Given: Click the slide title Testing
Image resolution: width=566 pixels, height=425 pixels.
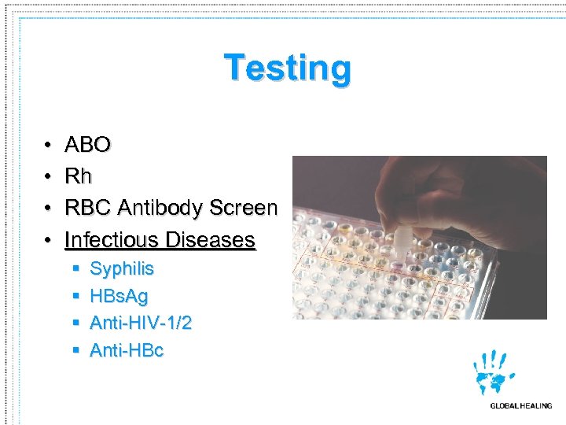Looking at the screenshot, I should click(288, 68).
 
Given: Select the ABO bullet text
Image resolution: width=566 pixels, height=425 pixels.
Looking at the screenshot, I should click(87, 145).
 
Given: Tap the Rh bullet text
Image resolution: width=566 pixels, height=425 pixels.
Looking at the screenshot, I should click(78, 176).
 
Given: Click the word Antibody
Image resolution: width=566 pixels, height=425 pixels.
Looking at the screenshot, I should click(160, 208).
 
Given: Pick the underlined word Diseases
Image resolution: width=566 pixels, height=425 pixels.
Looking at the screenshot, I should click(215, 239).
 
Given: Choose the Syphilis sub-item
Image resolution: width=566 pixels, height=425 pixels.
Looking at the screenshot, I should click(122, 269).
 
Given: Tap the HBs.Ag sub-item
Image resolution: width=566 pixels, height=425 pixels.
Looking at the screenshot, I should click(119, 297).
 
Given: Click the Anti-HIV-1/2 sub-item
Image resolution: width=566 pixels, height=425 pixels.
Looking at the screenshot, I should click(141, 323).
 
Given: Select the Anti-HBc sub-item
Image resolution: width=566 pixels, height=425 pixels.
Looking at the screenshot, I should click(127, 351).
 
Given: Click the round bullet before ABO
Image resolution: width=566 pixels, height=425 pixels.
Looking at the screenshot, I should click(48, 146).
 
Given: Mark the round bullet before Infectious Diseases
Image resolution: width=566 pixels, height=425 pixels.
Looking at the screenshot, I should click(48, 240).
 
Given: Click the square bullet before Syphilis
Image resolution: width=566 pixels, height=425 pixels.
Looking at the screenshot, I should click(75, 269).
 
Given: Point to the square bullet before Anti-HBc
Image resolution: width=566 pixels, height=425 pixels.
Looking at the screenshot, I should click(75, 351).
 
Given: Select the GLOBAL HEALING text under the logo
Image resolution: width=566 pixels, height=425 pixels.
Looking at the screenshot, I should click(520, 406).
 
